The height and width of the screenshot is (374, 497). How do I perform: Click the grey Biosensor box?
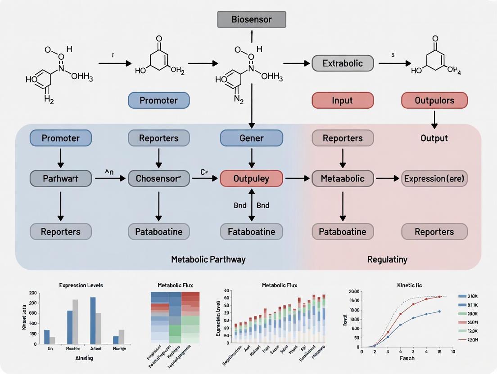click(x=251, y=19)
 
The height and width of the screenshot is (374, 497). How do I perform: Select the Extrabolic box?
click(x=343, y=63)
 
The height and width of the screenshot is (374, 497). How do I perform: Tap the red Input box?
click(x=343, y=100)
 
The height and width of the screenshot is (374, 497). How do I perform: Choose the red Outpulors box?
click(x=434, y=100)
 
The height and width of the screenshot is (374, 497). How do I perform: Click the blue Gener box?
click(x=251, y=138)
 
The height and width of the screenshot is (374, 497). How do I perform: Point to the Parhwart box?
click(x=60, y=178)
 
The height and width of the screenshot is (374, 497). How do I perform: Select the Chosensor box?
click(x=158, y=178)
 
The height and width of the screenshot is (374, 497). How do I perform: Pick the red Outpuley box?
click(x=251, y=178)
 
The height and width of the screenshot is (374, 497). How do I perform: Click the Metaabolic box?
click(x=343, y=178)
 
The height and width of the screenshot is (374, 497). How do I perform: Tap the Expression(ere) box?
click(x=434, y=178)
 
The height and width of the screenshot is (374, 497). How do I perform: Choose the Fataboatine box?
click(x=251, y=232)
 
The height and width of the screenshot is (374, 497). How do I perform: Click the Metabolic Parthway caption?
click(x=208, y=259)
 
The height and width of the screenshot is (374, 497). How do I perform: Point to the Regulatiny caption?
click(x=387, y=259)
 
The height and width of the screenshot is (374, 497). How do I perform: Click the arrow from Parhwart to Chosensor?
click(x=110, y=178)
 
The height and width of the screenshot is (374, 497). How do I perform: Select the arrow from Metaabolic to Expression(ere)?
click(x=388, y=178)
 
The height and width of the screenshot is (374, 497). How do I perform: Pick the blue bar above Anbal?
click(x=93, y=320)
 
